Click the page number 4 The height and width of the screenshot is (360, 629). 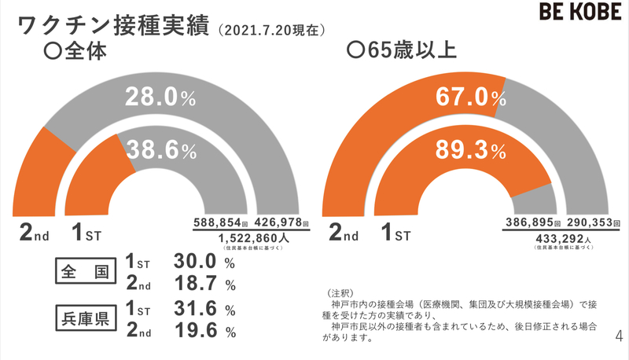coord(618,336)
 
